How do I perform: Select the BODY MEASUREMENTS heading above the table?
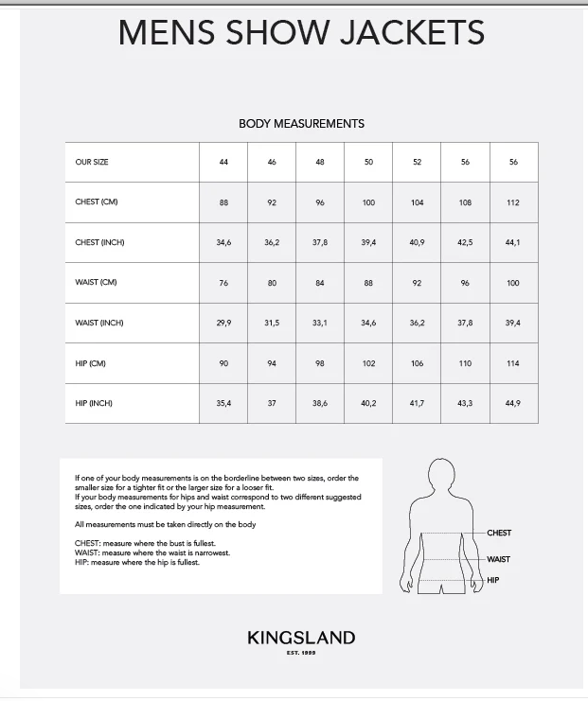(x=301, y=124)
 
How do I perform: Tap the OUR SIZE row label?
(x=92, y=163)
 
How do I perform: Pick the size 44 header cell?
(x=223, y=163)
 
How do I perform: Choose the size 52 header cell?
(x=417, y=163)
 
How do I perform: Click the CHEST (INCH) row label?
(x=99, y=243)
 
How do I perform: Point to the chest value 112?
(x=513, y=202)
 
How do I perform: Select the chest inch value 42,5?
(x=465, y=243)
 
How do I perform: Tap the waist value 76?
(x=223, y=283)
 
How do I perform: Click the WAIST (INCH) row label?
(x=99, y=324)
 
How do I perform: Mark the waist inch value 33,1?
(x=320, y=324)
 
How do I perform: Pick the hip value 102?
(x=368, y=363)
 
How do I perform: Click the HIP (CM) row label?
(x=93, y=363)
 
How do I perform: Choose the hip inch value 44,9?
(x=513, y=404)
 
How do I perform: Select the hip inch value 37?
(x=272, y=404)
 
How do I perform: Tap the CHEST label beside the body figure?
(x=499, y=534)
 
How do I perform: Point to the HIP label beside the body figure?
(x=492, y=579)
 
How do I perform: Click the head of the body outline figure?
(x=440, y=475)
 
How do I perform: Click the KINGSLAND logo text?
(x=301, y=639)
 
